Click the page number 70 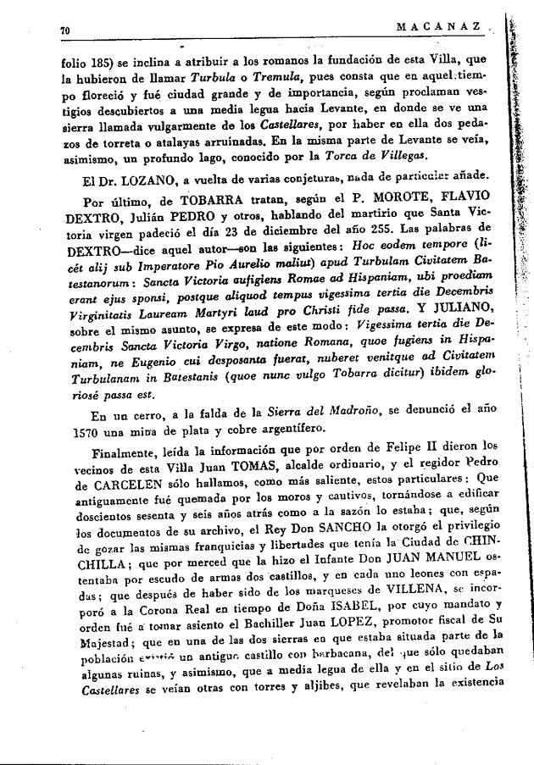point(64,30)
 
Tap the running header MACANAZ point(444,27)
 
